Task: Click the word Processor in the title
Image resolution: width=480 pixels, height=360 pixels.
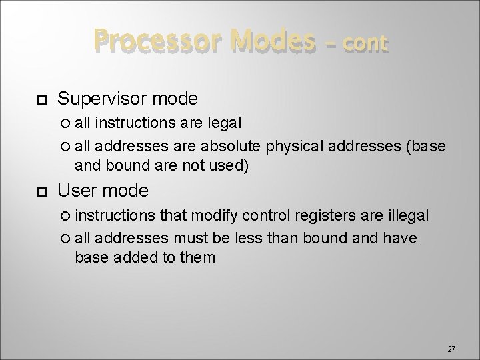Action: tap(137, 42)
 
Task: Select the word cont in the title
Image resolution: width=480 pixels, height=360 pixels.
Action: tap(364, 44)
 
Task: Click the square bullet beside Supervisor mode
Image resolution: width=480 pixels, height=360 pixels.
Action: tap(41, 100)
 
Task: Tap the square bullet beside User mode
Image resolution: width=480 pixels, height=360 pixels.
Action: tap(41, 193)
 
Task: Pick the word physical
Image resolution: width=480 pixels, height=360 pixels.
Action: tap(291, 145)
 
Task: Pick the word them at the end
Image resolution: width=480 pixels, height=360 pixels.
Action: tap(197, 257)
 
